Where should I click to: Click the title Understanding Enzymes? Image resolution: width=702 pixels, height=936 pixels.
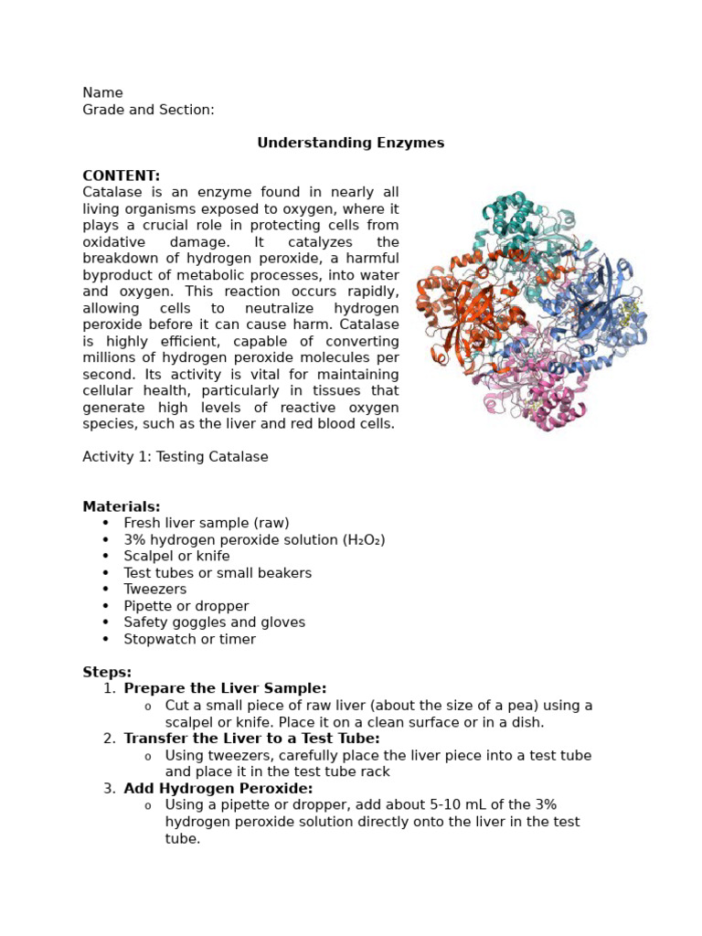350,143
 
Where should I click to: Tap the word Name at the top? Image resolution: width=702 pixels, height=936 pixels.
102,93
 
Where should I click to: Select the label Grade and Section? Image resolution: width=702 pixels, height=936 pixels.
148,110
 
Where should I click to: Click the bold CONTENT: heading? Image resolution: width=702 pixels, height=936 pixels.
121,175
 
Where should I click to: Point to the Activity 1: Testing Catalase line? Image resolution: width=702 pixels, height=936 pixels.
175,457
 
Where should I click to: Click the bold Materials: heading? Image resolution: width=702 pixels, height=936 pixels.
121,506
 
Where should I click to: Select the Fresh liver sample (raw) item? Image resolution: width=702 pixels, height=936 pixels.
207,523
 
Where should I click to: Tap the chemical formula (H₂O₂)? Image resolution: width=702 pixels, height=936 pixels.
364,540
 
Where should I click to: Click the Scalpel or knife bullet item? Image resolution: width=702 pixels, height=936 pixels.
177,557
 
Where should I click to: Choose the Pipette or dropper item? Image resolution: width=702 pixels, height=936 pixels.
186,606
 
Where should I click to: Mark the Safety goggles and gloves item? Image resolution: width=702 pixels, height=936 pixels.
215,622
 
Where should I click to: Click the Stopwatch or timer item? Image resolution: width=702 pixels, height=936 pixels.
190,639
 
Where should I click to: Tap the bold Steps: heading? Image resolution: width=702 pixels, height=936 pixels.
107,673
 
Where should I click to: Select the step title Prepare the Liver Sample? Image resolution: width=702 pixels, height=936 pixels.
225,688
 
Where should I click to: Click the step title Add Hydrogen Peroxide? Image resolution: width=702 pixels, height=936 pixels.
218,788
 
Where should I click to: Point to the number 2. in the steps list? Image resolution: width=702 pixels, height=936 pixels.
109,739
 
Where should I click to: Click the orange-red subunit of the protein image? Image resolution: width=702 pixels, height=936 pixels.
466,315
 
